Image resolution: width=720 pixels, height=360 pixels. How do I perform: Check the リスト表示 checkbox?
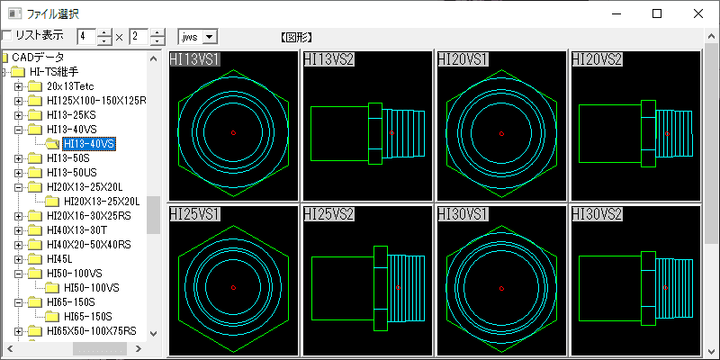point(7,35)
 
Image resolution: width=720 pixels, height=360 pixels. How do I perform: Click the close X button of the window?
point(698,13)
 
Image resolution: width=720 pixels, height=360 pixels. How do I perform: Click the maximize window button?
point(657,13)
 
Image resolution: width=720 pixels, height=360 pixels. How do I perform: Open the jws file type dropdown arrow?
point(210,37)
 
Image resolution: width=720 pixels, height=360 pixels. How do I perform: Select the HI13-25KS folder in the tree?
point(71,114)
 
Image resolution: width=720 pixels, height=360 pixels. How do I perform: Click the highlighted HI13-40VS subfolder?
point(89,144)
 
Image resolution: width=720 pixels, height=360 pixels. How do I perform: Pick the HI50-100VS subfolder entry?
point(92,288)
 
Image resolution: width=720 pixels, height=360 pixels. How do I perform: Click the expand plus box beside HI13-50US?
point(18,173)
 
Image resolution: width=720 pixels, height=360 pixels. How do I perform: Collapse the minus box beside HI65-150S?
point(18,302)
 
